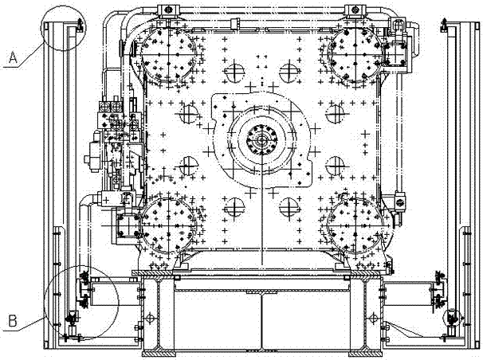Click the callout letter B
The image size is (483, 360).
pyautogui.click(x=11, y=321)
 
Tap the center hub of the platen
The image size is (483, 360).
pyautogui.click(x=260, y=141)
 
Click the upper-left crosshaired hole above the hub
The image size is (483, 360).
pyautogui.click(x=234, y=75)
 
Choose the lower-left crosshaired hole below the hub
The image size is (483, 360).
pyautogui.click(x=234, y=209)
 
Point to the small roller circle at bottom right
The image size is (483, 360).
pyautogui.click(x=451, y=316)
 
